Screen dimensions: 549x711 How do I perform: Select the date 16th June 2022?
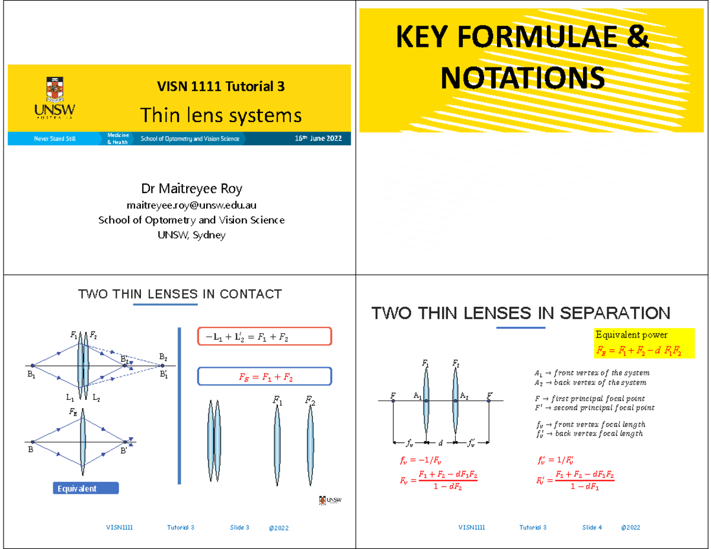[318, 139]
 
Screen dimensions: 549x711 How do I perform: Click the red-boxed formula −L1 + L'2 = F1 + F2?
[264, 336]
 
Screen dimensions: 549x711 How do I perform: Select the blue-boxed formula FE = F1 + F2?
[264, 377]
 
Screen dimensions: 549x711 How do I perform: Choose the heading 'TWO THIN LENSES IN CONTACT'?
[180, 294]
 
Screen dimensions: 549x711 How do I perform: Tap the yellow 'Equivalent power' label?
[632, 335]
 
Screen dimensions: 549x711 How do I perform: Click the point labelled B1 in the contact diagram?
[33, 366]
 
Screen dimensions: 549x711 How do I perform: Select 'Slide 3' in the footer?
[239, 527]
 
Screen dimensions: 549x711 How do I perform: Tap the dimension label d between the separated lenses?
[440, 442]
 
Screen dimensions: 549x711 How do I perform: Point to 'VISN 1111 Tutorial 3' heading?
[220, 86]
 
